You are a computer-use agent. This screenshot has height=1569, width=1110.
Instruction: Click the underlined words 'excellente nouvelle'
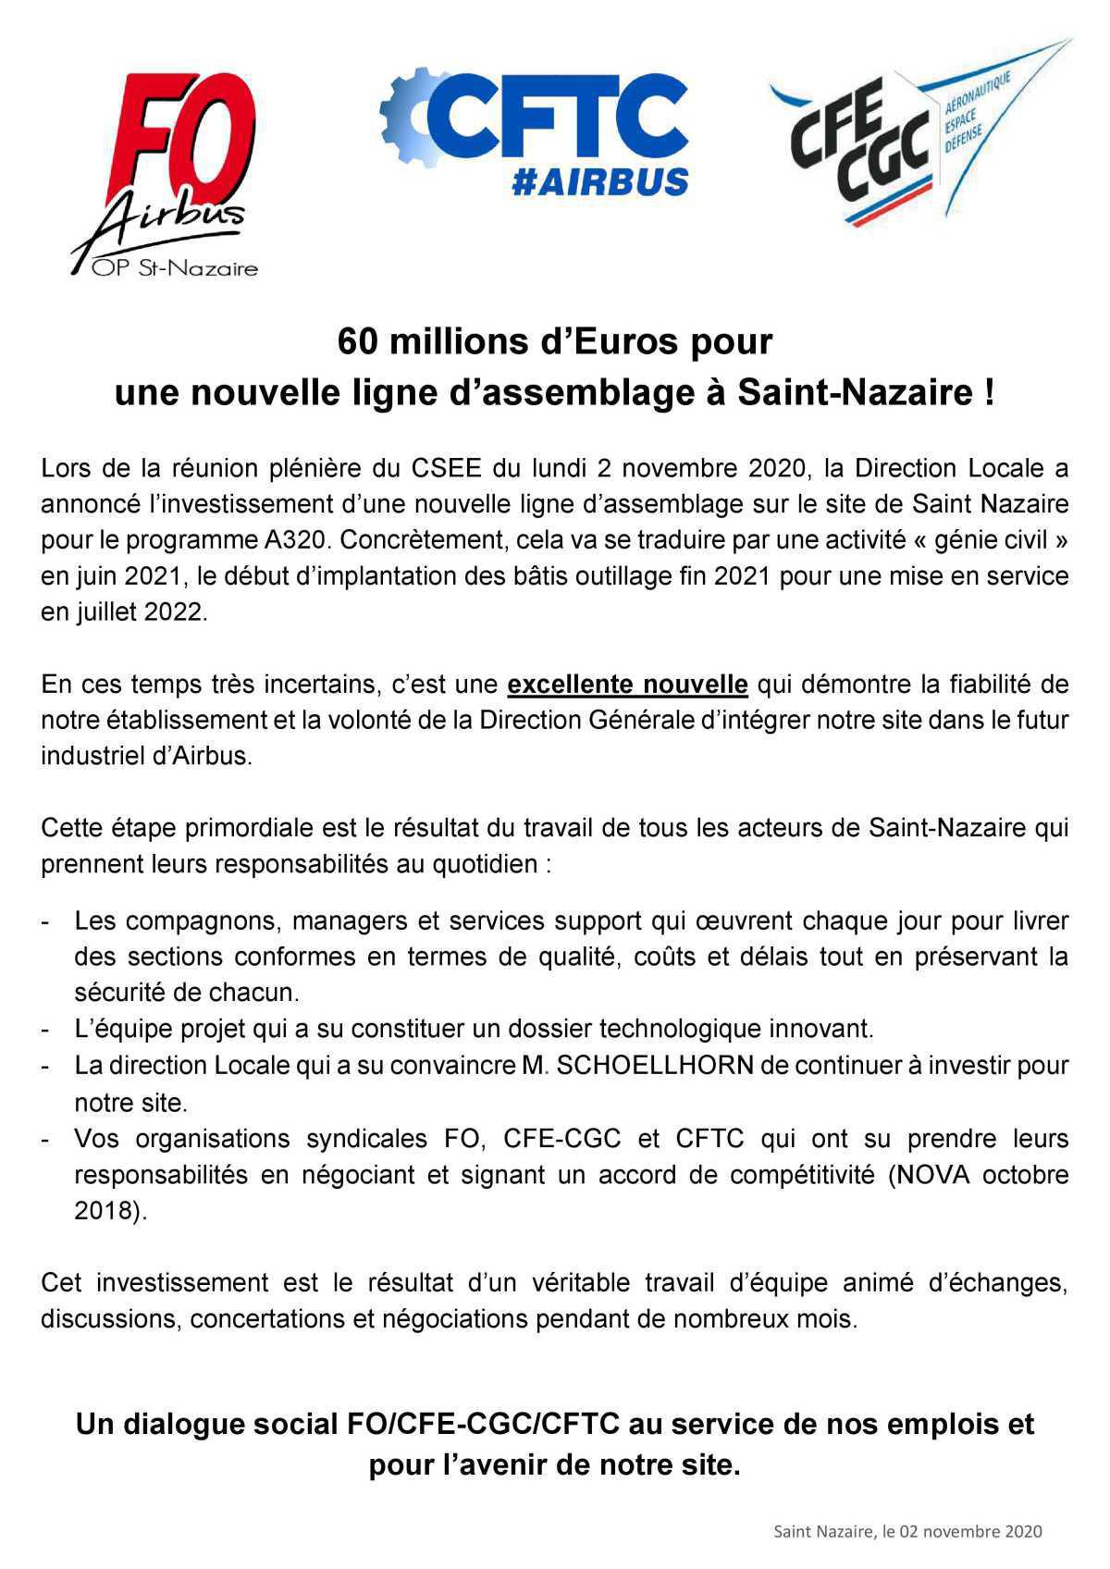[627, 685]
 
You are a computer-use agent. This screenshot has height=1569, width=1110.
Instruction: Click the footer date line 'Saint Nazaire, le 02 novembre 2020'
[907, 1531]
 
